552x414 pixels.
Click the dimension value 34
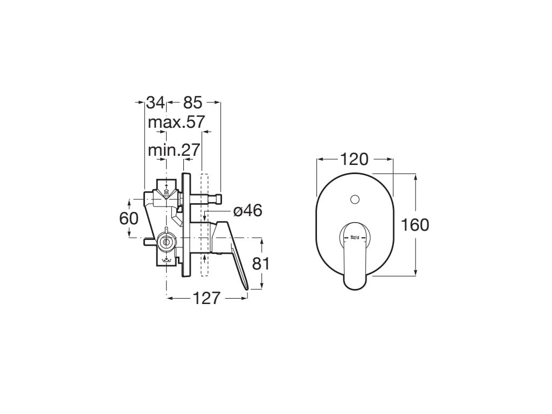[155, 102]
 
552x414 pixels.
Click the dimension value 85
[192, 102]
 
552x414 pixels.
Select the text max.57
[176, 122]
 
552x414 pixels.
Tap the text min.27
[174, 150]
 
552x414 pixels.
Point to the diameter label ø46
[247, 211]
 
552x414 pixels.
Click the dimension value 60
[129, 218]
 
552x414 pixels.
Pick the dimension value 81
[260, 264]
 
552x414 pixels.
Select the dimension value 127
[206, 298]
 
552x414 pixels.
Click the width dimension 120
[354, 160]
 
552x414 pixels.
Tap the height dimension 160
[415, 225]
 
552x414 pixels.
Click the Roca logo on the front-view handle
[355, 235]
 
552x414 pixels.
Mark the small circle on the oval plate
[354, 200]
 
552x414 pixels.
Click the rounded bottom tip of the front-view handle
[354, 284]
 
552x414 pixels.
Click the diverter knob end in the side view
[219, 199]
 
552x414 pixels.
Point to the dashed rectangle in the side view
[204, 225]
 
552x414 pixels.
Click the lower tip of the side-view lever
[248, 289]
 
